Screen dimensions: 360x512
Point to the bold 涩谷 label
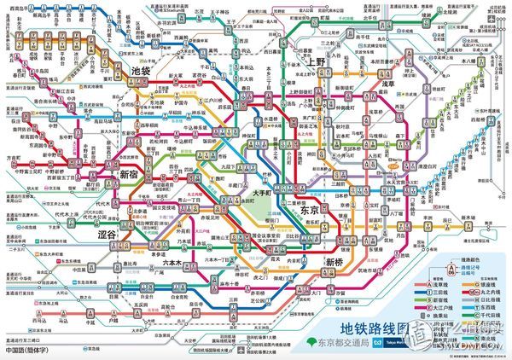point(111,234)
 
